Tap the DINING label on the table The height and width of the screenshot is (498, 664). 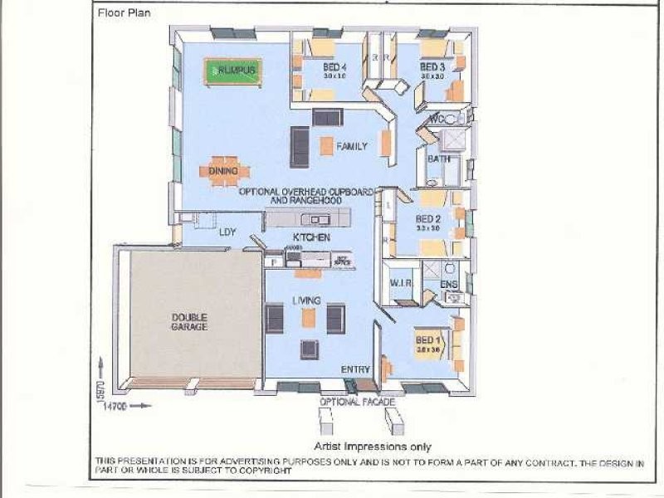tap(223, 172)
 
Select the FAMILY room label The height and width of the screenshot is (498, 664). tap(351, 147)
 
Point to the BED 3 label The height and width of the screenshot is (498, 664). tap(432, 67)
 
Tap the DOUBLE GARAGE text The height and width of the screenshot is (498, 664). tap(189, 321)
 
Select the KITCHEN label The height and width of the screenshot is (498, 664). tap(311, 237)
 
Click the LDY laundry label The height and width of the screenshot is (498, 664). tap(227, 233)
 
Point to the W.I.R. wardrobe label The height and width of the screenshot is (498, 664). tap(401, 284)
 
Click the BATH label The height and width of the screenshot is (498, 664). tap(437, 159)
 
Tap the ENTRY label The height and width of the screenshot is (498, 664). tap(354, 369)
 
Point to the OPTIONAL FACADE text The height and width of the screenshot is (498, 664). tap(357, 402)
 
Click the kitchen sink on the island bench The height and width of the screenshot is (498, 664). tap(315, 220)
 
